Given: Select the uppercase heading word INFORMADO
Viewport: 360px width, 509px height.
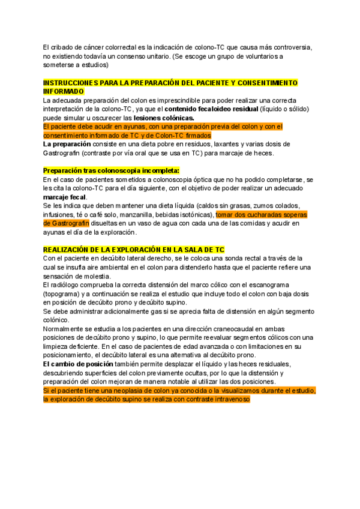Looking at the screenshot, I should click(64, 91).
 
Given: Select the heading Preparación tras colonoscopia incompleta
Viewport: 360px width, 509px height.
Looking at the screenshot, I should click(111, 171).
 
